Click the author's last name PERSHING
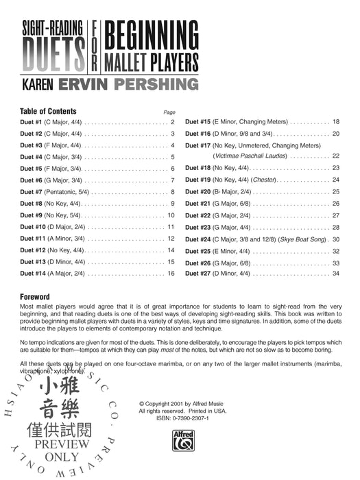click(x=156, y=84)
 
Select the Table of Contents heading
click(x=49, y=111)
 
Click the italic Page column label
click(x=169, y=112)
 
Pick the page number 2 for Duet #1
click(x=173, y=122)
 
